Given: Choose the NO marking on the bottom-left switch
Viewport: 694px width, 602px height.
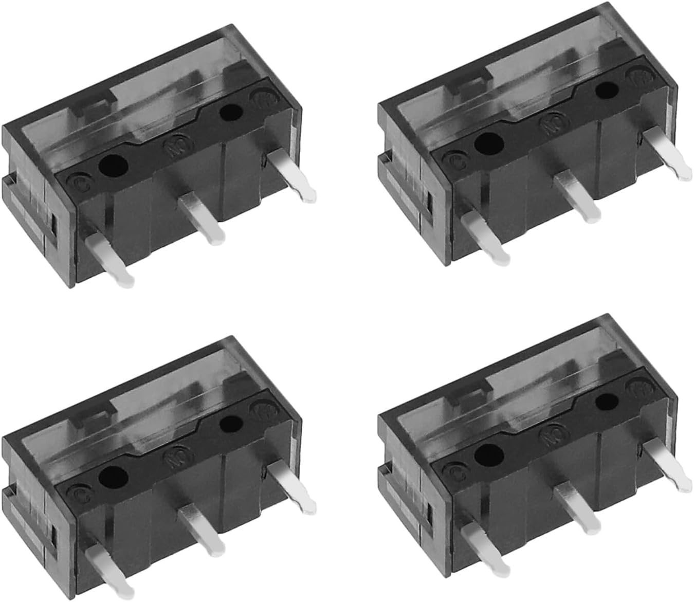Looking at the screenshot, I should [173, 457].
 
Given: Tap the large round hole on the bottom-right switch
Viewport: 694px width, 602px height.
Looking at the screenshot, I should [488, 453].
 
